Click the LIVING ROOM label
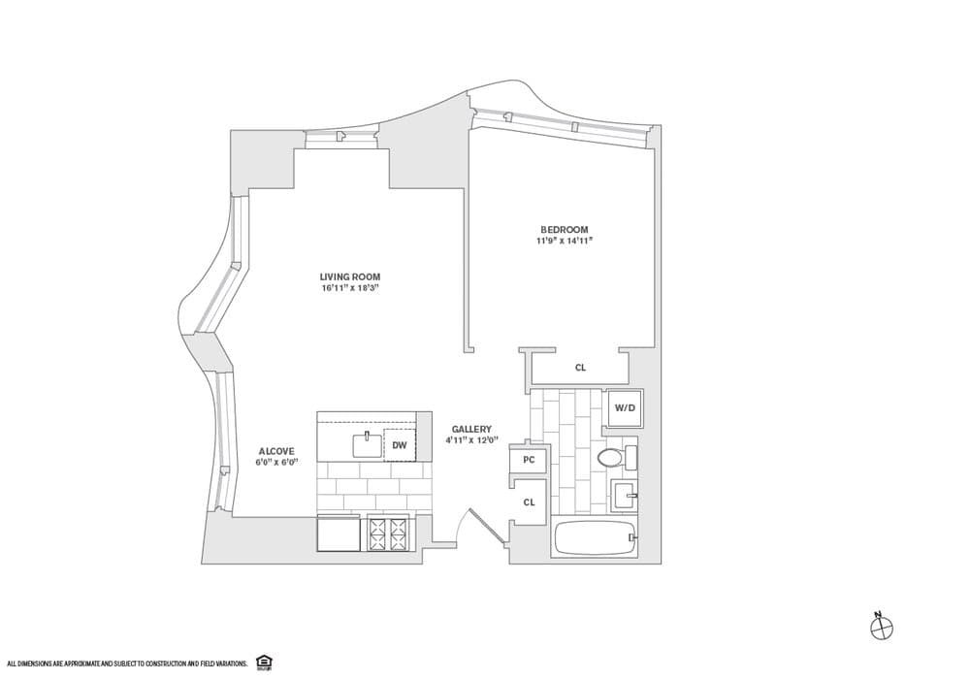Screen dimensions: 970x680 (x=349, y=276)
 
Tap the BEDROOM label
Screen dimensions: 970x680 (x=565, y=230)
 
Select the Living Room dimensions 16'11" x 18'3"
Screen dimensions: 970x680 (x=349, y=288)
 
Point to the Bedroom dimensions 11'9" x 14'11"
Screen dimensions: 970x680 (x=565, y=241)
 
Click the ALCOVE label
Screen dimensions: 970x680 (x=276, y=451)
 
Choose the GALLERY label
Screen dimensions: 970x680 (x=471, y=429)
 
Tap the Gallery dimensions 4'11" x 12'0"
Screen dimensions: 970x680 (x=471, y=440)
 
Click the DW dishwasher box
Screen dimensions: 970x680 (x=400, y=444)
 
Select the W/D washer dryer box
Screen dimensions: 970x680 (x=625, y=407)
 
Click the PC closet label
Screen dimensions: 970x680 (x=529, y=460)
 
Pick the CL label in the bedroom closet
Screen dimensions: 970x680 (x=580, y=368)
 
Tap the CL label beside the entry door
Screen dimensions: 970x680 (x=529, y=502)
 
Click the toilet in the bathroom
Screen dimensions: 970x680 (x=617, y=457)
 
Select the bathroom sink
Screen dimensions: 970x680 (x=624, y=495)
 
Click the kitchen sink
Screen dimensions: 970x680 (x=368, y=445)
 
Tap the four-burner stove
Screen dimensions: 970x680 (x=388, y=534)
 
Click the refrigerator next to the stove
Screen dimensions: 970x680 (x=339, y=534)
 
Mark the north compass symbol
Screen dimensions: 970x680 (x=882, y=628)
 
